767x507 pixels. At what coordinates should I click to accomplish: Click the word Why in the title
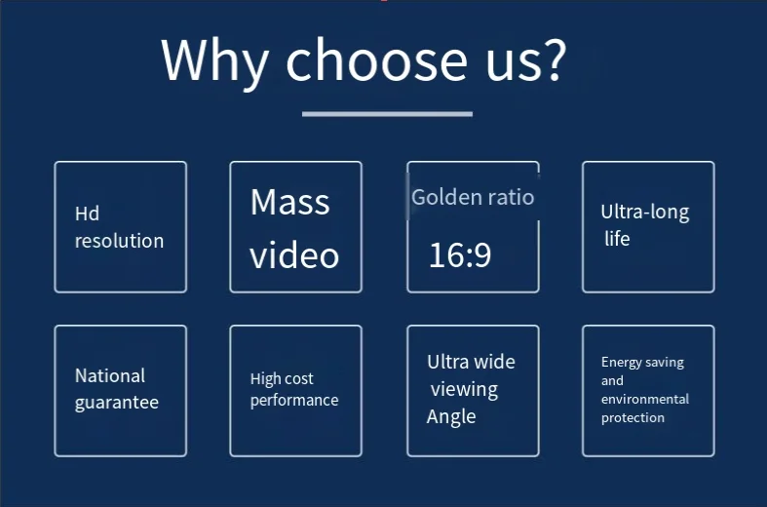pos(215,59)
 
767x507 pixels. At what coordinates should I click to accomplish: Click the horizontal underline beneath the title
pos(387,114)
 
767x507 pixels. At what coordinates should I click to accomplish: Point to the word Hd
pos(87,214)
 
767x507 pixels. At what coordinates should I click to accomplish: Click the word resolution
pos(119,241)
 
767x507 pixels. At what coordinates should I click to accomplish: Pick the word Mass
pos(289,202)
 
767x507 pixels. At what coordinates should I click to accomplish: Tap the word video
pos(294,254)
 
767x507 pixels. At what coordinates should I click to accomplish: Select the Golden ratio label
pos(473,197)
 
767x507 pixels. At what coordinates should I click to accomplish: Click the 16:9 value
pos(460,255)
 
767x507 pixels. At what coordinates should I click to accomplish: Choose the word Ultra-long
pos(644,212)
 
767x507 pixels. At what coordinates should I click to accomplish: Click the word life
pos(617,239)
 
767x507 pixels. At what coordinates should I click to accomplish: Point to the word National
pos(110,375)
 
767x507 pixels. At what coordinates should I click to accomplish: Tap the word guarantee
pos(116,402)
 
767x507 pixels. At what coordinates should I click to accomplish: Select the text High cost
pos(282,378)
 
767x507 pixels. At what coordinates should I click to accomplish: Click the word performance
pos(294,401)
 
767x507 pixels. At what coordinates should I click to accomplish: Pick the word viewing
pos(464,389)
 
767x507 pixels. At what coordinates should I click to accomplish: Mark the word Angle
pos(451,416)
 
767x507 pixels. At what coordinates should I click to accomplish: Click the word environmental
pos(644,399)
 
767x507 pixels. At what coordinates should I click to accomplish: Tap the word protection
pos(633,417)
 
